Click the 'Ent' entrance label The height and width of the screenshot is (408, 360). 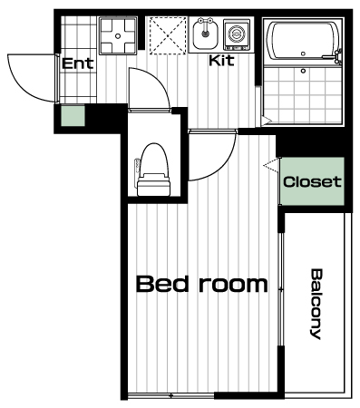[77, 63]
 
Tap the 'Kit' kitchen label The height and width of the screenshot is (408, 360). [221, 60]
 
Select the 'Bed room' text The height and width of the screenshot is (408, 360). [202, 284]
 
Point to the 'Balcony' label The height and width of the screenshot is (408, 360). [316, 304]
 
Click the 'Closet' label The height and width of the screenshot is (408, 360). [312, 181]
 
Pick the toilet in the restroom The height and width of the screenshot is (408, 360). [153, 170]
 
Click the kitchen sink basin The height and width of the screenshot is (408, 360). [206, 34]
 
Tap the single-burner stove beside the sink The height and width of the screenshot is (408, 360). [237, 34]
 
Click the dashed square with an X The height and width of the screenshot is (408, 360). [168, 35]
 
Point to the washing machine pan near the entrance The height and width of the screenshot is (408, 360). [118, 36]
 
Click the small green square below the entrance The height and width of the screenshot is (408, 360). [73, 115]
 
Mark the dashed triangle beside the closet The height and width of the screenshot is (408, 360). [271, 165]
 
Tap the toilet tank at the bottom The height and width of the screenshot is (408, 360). [153, 185]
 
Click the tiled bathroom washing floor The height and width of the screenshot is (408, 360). [303, 93]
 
